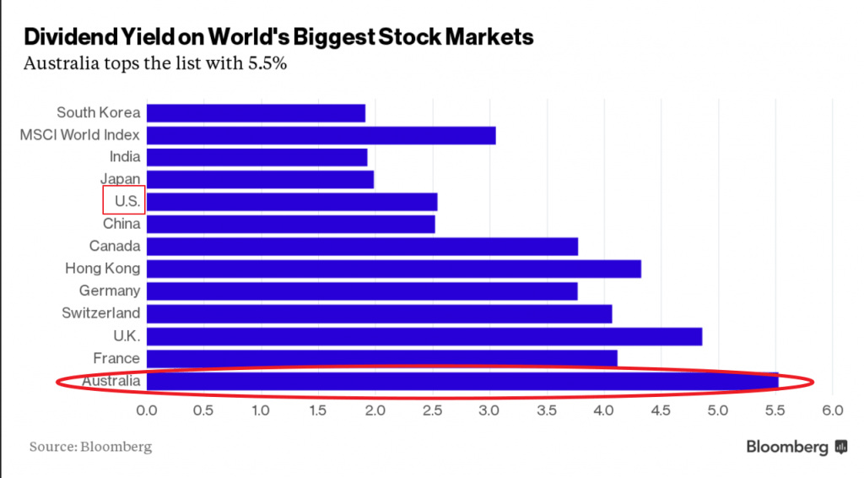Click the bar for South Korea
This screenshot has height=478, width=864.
click(x=256, y=112)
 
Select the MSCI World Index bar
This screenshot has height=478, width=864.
click(x=321, y=135)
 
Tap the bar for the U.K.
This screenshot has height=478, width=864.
click(x=424, y=336)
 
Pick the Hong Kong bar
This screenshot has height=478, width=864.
click(x=394, y=269)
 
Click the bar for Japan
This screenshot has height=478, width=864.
click(x=260, y=179)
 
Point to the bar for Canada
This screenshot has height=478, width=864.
click(x=362, y=247)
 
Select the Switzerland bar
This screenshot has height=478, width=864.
click(x=379, y=313)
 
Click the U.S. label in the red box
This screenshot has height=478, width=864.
click(x=125, y=202)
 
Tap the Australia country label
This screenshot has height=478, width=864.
click(x=111, y=382)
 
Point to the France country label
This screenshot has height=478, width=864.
click(x=116, y=358)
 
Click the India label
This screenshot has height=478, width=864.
click(x=125, y=156)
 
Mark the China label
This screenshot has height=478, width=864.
click(x=121, y=224)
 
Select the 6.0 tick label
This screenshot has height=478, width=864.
click(x=832, y=410)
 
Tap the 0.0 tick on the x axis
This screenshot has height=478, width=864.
click(x=147, y=410)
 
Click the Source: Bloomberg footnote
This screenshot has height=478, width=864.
click(x=90, y=447)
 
